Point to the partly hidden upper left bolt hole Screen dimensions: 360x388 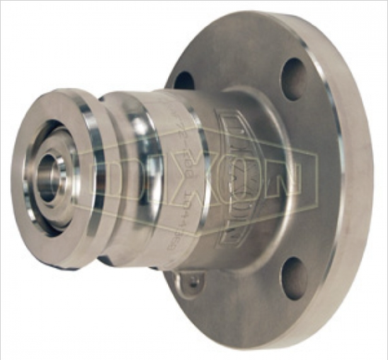(185, 80)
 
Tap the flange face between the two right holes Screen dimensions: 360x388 (322, 180)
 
